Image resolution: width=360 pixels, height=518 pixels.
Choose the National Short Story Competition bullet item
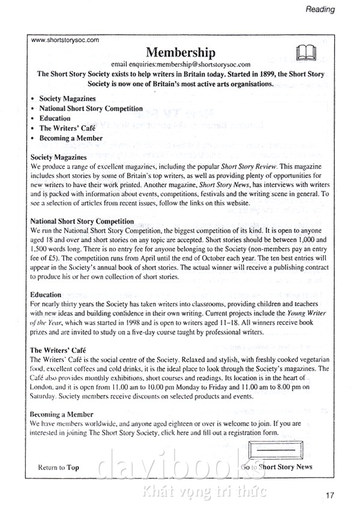[91, 109]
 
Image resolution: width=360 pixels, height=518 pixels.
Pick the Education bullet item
[55, 118]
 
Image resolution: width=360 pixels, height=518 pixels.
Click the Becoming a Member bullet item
[71, 138]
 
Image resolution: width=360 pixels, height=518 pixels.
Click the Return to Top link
[58, 468]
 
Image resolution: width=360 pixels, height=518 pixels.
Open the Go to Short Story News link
[277, 467]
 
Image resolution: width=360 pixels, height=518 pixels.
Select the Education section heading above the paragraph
[46, 295]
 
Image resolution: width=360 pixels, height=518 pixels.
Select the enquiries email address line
[181, 64]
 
